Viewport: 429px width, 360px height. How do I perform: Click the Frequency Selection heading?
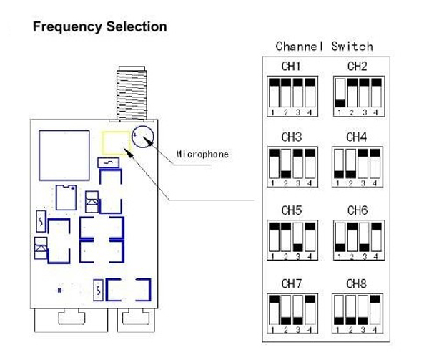point(100,27)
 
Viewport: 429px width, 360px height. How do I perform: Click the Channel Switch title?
point(324,47)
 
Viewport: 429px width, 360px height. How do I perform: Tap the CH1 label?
point(292,67)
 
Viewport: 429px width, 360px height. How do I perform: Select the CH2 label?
point(357,67)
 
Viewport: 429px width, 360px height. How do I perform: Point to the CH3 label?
point(292,137)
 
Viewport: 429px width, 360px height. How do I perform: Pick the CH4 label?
point(357,137)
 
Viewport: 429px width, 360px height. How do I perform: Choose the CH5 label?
point(292,210)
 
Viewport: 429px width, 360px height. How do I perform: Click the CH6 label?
point(357,210)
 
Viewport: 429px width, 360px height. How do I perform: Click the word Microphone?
point(202,154)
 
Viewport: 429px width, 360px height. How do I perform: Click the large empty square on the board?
point(63,152)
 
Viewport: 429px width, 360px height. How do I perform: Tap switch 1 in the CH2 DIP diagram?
point(340,93)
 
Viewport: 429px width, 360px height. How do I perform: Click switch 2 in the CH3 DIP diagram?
point(286,164)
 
